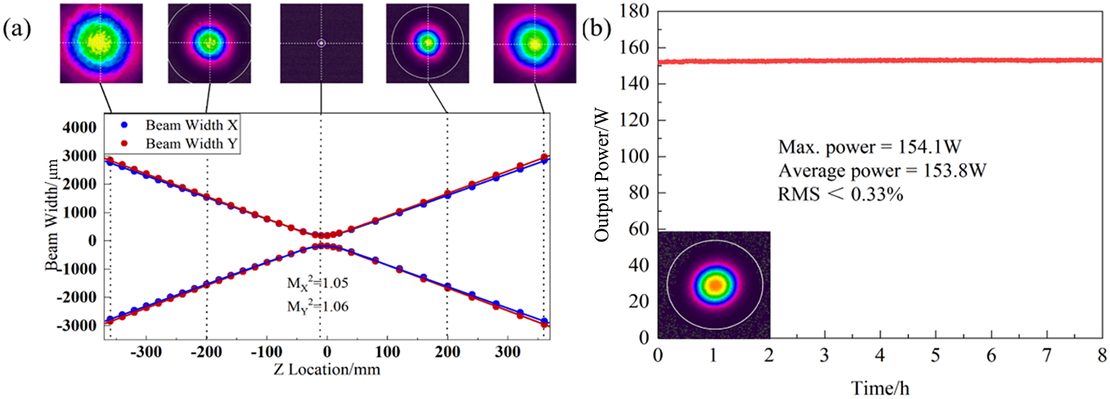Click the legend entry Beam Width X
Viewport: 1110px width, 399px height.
191,125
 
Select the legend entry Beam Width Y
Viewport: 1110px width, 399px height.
191,143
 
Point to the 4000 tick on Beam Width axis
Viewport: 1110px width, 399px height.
80,128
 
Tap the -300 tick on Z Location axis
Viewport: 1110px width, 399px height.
146,352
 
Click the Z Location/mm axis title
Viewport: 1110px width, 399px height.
327,370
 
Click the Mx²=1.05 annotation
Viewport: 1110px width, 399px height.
317,283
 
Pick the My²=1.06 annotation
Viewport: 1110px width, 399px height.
317,306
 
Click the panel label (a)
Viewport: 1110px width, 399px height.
16,28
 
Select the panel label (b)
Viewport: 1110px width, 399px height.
596,28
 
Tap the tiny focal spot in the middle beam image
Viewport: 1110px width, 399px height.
321,43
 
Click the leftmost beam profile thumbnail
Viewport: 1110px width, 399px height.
101,43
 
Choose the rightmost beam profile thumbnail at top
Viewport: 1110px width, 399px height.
534,43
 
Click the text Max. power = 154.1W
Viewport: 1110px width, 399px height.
869,147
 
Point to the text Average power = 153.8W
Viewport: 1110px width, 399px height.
882,170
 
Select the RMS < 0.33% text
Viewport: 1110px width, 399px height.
840,194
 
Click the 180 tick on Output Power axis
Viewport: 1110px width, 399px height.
634,11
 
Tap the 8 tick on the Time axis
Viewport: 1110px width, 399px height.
1102,356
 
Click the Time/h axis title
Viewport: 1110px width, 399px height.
880,388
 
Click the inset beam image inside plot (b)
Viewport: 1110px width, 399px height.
714,285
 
